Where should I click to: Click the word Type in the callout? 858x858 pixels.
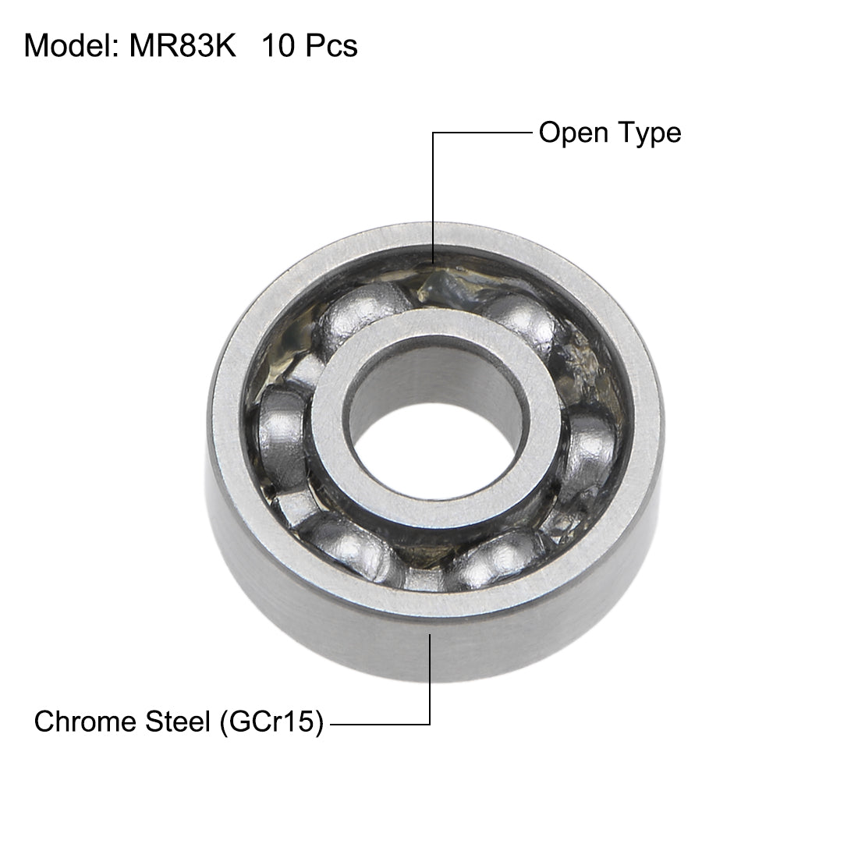point(647,133)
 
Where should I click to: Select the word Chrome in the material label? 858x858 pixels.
point(83,722)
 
